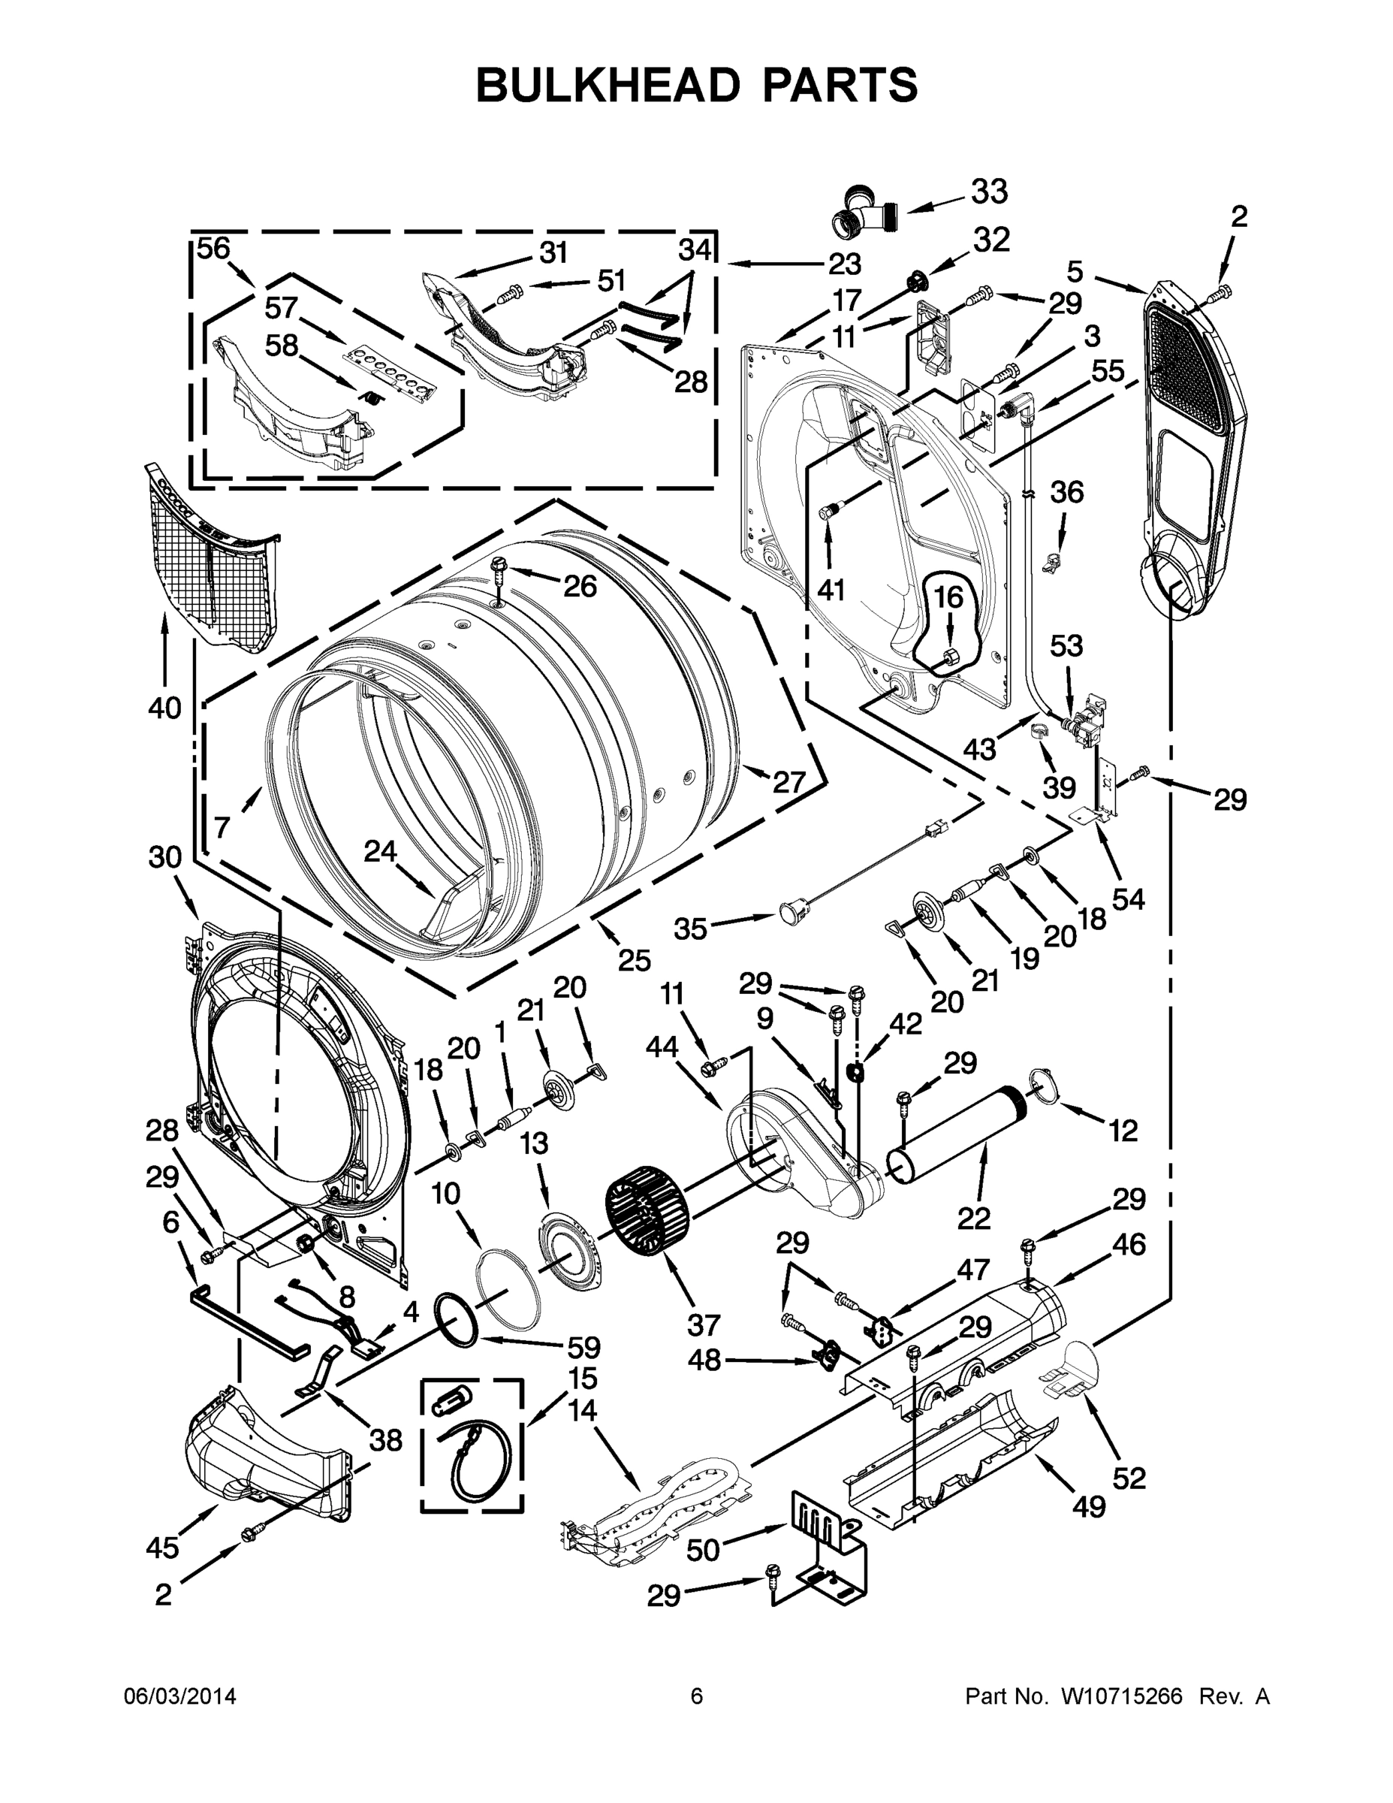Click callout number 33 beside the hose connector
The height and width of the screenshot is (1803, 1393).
point(989,192)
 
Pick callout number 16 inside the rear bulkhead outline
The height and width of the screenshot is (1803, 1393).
point(948,597)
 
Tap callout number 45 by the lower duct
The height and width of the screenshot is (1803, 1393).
point(161,1548)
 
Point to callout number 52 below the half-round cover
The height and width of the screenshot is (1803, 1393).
point(1129,1478)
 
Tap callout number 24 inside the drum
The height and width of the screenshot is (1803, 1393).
point(381,851)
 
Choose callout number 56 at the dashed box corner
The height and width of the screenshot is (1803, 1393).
point(213,249)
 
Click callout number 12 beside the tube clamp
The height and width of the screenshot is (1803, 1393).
point(1123,1130)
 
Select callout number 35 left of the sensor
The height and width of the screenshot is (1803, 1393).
point(690,929)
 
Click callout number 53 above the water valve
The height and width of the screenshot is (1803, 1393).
point(1066,645)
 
